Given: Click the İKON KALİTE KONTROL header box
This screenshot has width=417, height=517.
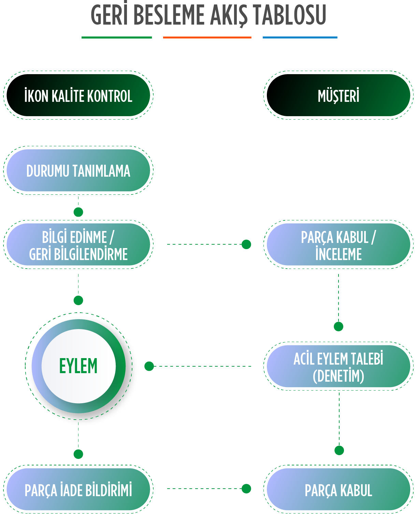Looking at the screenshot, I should [78, 95].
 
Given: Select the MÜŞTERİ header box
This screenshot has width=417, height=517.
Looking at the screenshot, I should [338, 95].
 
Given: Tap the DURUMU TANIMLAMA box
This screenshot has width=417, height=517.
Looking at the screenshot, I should [78, 171].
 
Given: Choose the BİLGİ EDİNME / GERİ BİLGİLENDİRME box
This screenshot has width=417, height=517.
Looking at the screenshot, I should [78, 245].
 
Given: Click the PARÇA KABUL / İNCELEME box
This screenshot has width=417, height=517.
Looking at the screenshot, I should [338, 245].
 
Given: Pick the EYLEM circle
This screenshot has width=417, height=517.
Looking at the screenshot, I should [78, 366].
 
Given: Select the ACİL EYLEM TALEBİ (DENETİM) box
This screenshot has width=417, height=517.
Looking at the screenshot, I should [338, 366].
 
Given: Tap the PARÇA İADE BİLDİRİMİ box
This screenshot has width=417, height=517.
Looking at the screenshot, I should [78, 489].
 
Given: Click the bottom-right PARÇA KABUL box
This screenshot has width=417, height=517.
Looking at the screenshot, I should [338, 489].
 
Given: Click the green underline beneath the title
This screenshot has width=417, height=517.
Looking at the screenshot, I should [117, 37].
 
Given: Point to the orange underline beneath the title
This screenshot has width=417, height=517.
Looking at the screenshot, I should [207, 37].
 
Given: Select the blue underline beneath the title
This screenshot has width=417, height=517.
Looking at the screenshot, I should [300, 37].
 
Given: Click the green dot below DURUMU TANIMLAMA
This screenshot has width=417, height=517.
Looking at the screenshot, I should [78, 212].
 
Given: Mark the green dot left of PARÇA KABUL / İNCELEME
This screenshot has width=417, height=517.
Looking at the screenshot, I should [246, 244].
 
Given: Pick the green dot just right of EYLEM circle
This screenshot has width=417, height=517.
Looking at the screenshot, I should [149, 366].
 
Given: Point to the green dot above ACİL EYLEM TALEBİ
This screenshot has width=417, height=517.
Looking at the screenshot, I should [339, 327].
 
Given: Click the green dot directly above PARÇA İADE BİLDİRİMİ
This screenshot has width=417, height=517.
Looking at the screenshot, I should [78, 454].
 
